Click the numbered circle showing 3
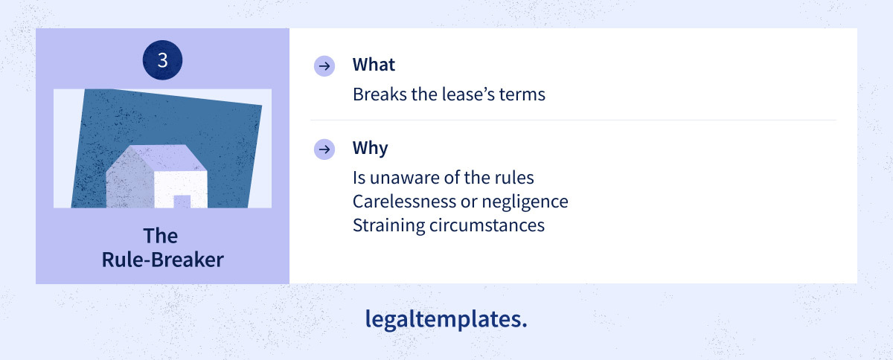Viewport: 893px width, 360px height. pyautogui.click(x=162, y=60)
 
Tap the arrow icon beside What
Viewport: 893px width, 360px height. pyautogui.click(x=324, y=65)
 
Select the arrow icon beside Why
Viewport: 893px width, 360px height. pyautogui.click(x=324, y=150)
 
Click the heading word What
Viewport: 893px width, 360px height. pyautogui.click(x=374, y=65)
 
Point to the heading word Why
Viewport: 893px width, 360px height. pyautogui.click(x=370, y=148)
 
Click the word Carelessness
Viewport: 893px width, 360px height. pyautogui.click(x=404, y=202)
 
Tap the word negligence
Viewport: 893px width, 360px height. pyautogui.click(x=525, y=202)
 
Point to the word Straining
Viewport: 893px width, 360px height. pyautogui.click(x=389, y=225)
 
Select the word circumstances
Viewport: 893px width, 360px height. pyautogui.click(x=487, y=225)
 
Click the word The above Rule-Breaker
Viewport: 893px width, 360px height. pyautogui.click(x=161, y=236)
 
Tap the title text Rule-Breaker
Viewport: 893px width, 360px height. pyautogui.click(x=163, y=260)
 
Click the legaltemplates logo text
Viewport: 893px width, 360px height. pyautogui.click(x=446, y=320)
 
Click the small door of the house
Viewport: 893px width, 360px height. pyautogui.click(x=182, y=202)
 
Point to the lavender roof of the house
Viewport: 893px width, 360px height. pyautogui.click(x=167, y=158)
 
